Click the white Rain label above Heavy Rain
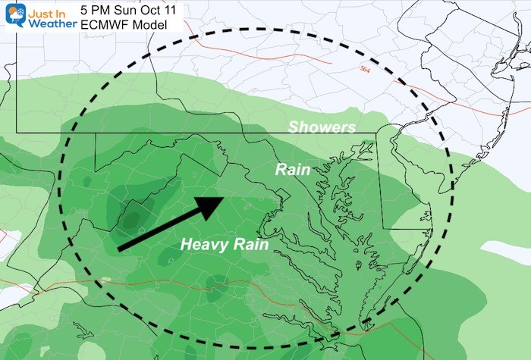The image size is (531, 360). (292, 170)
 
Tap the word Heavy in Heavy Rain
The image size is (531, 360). (203, 245)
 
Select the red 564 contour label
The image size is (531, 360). (367, 69)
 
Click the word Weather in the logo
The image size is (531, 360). (52, 23)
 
